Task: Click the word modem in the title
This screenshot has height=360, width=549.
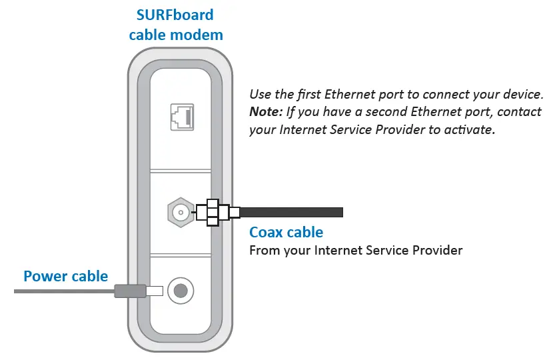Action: [x=203, y=34]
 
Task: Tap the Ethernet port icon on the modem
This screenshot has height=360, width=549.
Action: [x=180, y=119]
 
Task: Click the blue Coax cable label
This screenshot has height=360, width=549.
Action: [x=286, y=232]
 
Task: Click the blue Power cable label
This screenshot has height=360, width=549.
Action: [x=65, y=276]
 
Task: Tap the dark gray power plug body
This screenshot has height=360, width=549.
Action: [x=131, y=291]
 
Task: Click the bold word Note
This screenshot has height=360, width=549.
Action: [x=264, y=111]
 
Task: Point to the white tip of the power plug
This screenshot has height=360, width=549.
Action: [x=155, y=291]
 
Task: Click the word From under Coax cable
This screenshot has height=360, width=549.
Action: [x=263, y=251]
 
